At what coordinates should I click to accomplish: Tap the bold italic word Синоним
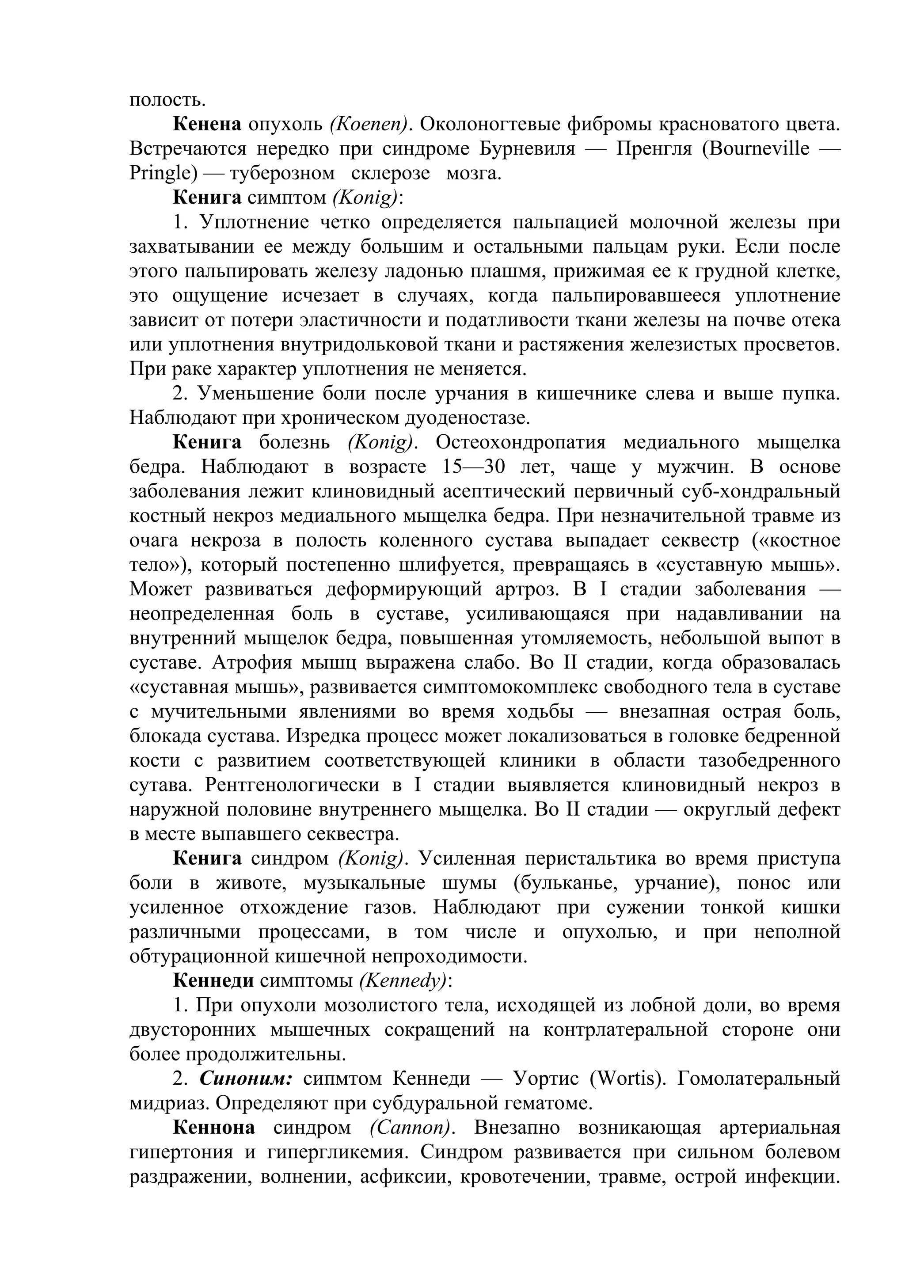coord(246,1079)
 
